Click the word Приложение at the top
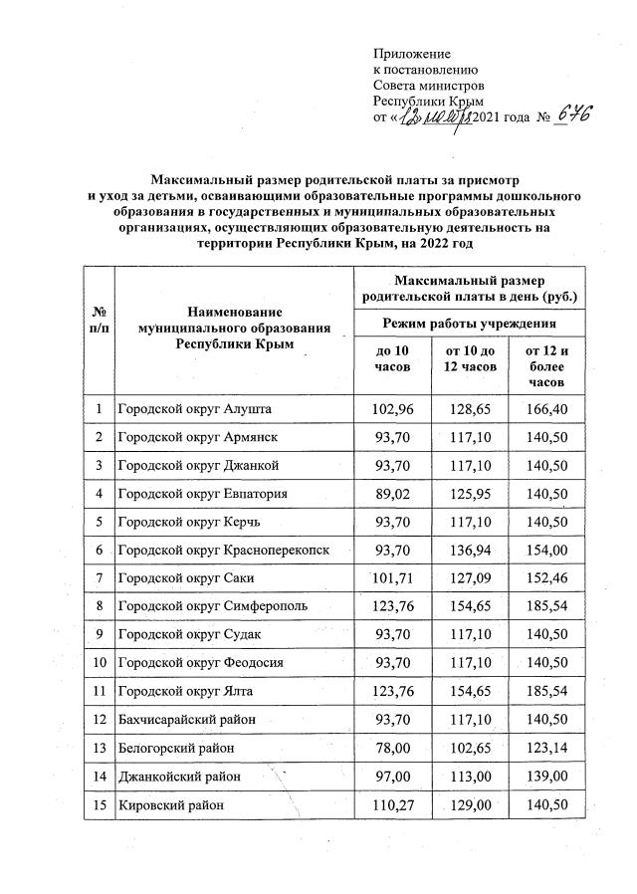(x=411, y=53)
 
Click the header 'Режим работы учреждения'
(x=469, y=324)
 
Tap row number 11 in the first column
(x=99, y=690)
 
